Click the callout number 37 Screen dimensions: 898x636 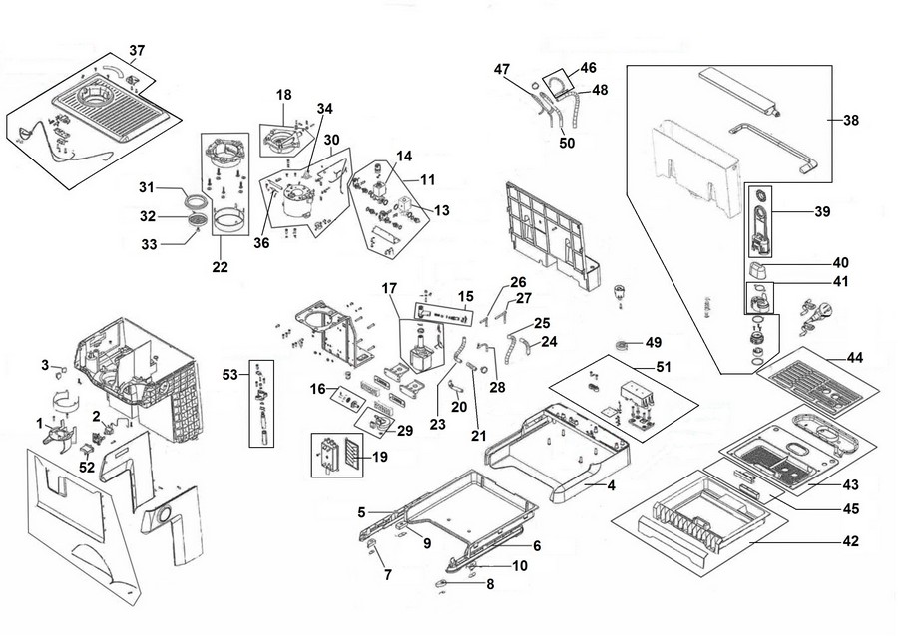[x=137, y=50]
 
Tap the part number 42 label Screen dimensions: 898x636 [x=851, y=541]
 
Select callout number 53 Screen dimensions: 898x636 [x=229, y=375]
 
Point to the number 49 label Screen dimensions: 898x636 [x=654, y=342]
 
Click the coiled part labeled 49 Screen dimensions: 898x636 [x=623, y=345]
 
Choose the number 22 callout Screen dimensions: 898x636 [x=220, y=267]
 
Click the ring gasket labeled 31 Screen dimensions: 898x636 [x=196, y=201]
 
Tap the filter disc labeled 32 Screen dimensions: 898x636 [x=197, y=219]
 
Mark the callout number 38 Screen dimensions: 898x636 [x=851, y=120]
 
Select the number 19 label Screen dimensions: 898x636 [x=379, y=457]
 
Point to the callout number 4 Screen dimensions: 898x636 [x=611, y=485]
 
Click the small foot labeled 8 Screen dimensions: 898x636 [x=442, y=583]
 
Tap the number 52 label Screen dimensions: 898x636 [x=87, y=468]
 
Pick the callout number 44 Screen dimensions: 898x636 [x=854, y=358]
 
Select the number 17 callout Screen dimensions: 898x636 [x=389, y=289]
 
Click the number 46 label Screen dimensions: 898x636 [x=588, y=68]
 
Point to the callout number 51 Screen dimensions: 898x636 [x=663, y=366]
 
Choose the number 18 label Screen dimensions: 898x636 [x=284, y=95]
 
